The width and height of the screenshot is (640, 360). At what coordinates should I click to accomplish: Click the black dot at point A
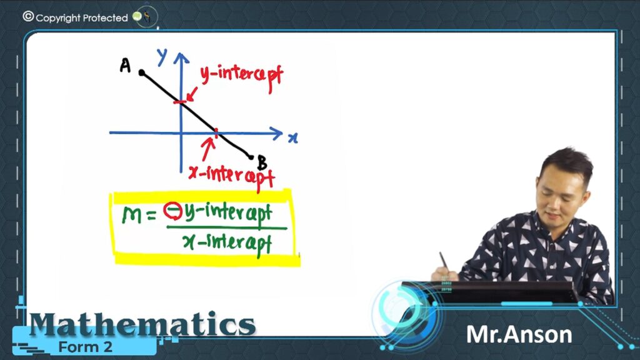pyautogui.click(x=142, y=72)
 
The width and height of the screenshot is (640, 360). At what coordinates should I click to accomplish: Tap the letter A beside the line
pyautogui.click(x=125, y=65)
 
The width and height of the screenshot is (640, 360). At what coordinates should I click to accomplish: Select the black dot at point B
pyautogui.click(x=251, y=157)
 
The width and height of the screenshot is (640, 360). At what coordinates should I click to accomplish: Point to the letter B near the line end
pyautogui.click(x=262, y=162)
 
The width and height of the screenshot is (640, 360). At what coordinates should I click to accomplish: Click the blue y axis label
pyautogui.click(x=162, y=57)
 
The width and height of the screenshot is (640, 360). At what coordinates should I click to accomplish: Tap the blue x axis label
pyautogui.click(x=293, y=138)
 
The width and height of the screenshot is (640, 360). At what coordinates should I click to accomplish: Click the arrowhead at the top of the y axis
pyautogui.click(x=181, y=58)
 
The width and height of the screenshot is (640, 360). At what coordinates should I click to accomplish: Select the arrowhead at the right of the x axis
pyautogui.click(x=276, y=133)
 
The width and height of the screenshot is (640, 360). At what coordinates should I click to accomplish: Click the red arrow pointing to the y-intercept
pyautogui.click(x=191, y=94)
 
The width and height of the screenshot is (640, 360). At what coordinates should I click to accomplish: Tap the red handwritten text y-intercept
pyautogui.click(x=242, y=77)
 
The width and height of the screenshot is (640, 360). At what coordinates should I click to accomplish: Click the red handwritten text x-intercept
pyautogui.click(x=231, y=177)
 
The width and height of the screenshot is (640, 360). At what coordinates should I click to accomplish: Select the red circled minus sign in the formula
pyautogui.click(x=172, y=211)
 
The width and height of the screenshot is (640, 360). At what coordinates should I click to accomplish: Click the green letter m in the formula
pyautogui.click(x=132, y=215)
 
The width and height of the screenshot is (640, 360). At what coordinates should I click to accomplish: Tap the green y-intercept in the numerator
pyautogui.click(x=227, y=213)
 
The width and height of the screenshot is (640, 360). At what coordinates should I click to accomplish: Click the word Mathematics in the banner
pyautogui.click(x=142, y=324)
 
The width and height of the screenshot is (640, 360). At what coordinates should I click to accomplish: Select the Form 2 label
pyautogui.click(x=85, y=347)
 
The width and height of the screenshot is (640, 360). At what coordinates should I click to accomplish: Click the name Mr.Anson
pyautogui.click(x=519, y=335)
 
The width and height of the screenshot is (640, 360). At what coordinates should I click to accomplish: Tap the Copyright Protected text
pyautogui.click(x=82, y=17)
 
